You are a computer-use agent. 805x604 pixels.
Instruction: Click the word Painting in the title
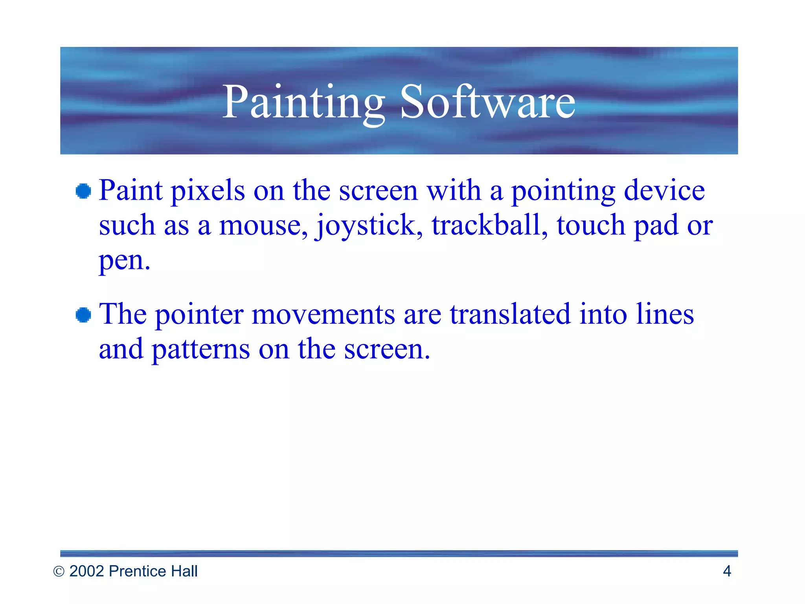(x=303, y=103)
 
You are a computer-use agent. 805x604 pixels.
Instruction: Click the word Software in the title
(x=487, y=103)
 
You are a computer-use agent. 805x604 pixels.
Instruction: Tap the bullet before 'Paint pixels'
(x=83, y=192)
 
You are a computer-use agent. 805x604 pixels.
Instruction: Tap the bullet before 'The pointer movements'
(x=83, y=315)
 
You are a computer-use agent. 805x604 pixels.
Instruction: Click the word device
(x=664, y=191)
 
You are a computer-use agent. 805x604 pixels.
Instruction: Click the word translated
(x=510, y=314)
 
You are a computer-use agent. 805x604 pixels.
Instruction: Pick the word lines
(x=665, y=314)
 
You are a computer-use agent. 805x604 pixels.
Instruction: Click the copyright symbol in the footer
(x=59, y=572)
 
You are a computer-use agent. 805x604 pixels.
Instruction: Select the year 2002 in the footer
(x=87, y=571)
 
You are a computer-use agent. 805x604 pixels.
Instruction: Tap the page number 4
(x=727, y=571)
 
